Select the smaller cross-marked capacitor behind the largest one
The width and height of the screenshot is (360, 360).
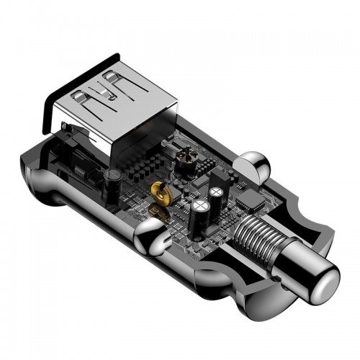(217, 194)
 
